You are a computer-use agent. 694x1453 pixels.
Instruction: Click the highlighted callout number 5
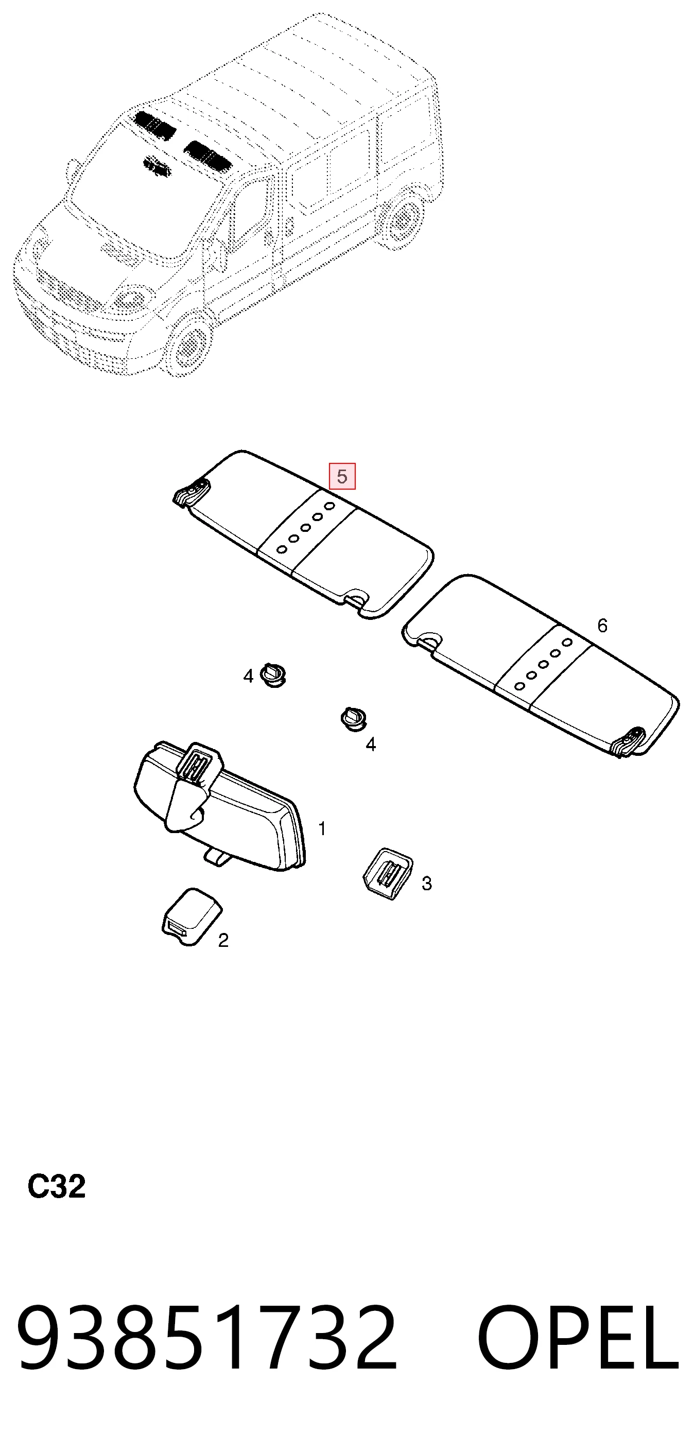342,477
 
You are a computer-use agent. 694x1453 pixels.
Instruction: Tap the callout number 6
602,626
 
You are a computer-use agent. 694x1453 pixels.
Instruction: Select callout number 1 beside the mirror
322,828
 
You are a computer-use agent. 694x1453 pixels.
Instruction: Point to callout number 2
223,940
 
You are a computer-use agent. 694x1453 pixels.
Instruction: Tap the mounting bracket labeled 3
387,873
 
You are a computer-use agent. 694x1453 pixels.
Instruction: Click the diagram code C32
57,1186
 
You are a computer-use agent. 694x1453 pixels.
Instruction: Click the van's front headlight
130,299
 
